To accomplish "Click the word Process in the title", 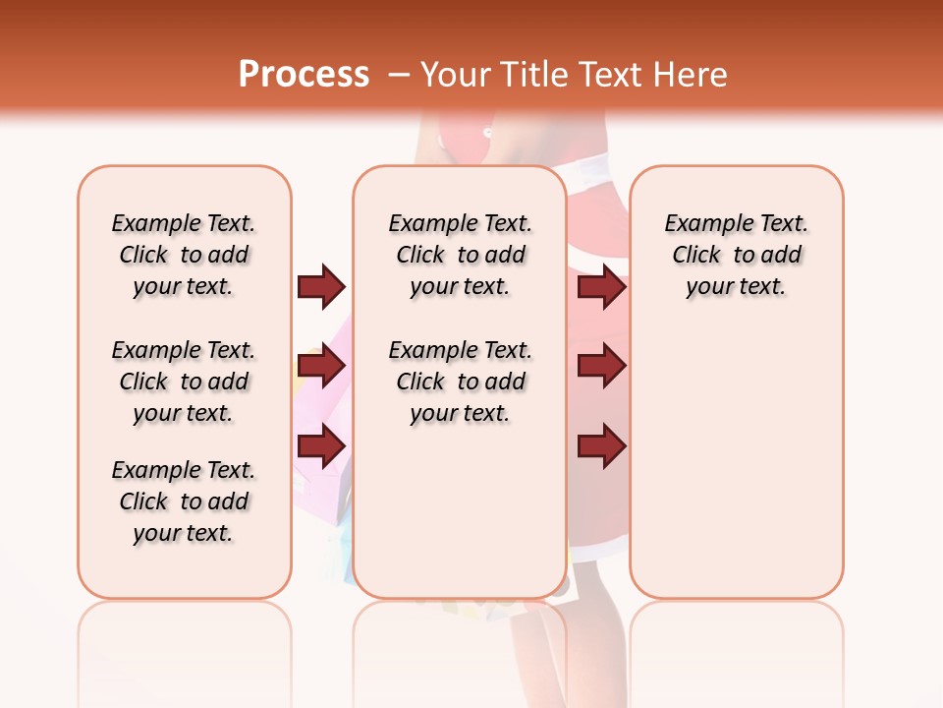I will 304,75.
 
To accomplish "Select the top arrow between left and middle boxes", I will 321,286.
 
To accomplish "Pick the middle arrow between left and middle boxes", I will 321,367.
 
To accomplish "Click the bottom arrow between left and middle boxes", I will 321,445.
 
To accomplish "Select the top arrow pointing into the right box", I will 601,286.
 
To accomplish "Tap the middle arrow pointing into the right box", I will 601,367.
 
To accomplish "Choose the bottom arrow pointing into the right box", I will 601,445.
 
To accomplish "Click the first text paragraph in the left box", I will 184,255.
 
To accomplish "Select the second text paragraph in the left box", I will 184,382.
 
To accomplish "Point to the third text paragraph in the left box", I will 184,501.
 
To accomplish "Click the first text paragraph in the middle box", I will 461,255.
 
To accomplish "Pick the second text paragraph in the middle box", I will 461,382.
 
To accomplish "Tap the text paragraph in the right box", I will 737,255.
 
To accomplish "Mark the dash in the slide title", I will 399,75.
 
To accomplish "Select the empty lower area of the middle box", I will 461,511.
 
